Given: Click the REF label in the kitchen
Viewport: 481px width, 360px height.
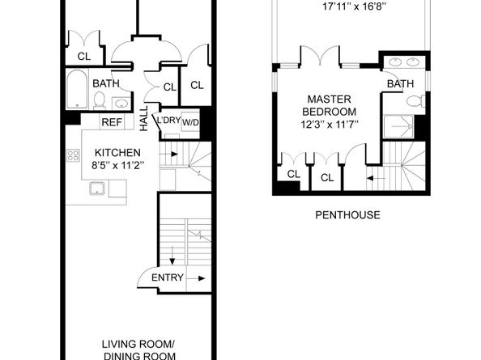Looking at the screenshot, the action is [x=112, y=122].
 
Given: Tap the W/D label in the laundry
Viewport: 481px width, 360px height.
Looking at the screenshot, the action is [x=190, y=122].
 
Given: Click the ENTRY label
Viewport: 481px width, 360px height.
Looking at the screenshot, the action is [x=168, y=277].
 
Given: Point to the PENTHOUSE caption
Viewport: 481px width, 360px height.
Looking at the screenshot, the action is [x=348, y=214].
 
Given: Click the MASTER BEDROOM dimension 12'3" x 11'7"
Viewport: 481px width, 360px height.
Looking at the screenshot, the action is [x=330, y=125].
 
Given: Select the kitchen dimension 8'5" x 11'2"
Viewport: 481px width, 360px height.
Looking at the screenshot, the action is [x=117, y=166].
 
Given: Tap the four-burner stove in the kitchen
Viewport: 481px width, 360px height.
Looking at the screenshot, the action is [x=73, y=155].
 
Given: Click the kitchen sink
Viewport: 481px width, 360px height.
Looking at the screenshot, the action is [x=97, y=188].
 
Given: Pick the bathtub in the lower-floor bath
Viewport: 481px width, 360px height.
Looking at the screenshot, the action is [x=77, y=89].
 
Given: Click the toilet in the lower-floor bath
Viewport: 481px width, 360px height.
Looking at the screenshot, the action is [x=99, y=100].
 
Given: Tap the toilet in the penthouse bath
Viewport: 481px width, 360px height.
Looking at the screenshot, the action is [x=416, y=101].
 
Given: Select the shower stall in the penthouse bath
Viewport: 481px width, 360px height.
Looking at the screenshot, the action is [x=398, y=126].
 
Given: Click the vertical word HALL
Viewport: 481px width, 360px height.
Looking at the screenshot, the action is [x=144, y=119].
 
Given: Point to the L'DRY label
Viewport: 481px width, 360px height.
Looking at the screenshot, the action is [x=168, y=120].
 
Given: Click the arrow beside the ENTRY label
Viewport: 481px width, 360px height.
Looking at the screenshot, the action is [x=196, y=278].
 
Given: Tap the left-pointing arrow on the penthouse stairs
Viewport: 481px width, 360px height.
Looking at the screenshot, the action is [x=376, y=178].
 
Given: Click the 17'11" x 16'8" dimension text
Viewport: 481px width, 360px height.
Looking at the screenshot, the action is [x=353, y=6].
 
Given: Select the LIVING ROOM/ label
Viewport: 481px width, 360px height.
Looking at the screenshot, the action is [x=138, y=344].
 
